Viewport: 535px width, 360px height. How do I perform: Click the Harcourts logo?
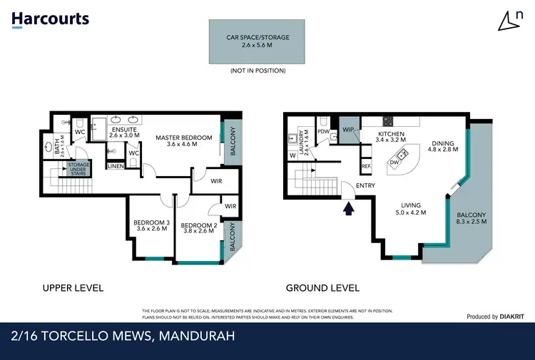(x=50, y=19)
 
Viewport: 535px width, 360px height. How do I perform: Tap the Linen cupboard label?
(x=116, y=166)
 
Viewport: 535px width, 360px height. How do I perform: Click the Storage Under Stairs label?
(x=78, y=168)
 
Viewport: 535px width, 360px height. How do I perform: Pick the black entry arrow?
(x=349, y=209)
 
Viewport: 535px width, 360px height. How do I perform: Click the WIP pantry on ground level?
(x=348, y=130)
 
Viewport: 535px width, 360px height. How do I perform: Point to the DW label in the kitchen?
(x=394, y=163)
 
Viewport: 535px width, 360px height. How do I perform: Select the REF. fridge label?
(x=366, y=166)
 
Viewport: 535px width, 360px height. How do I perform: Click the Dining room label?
(x=442, y=141)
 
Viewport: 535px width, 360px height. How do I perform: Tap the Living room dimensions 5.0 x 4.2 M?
(x=411, y=212)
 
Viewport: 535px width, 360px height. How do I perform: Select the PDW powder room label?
(x=323, y=132)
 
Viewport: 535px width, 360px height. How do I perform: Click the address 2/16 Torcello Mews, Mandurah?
(x=123, y=336)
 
